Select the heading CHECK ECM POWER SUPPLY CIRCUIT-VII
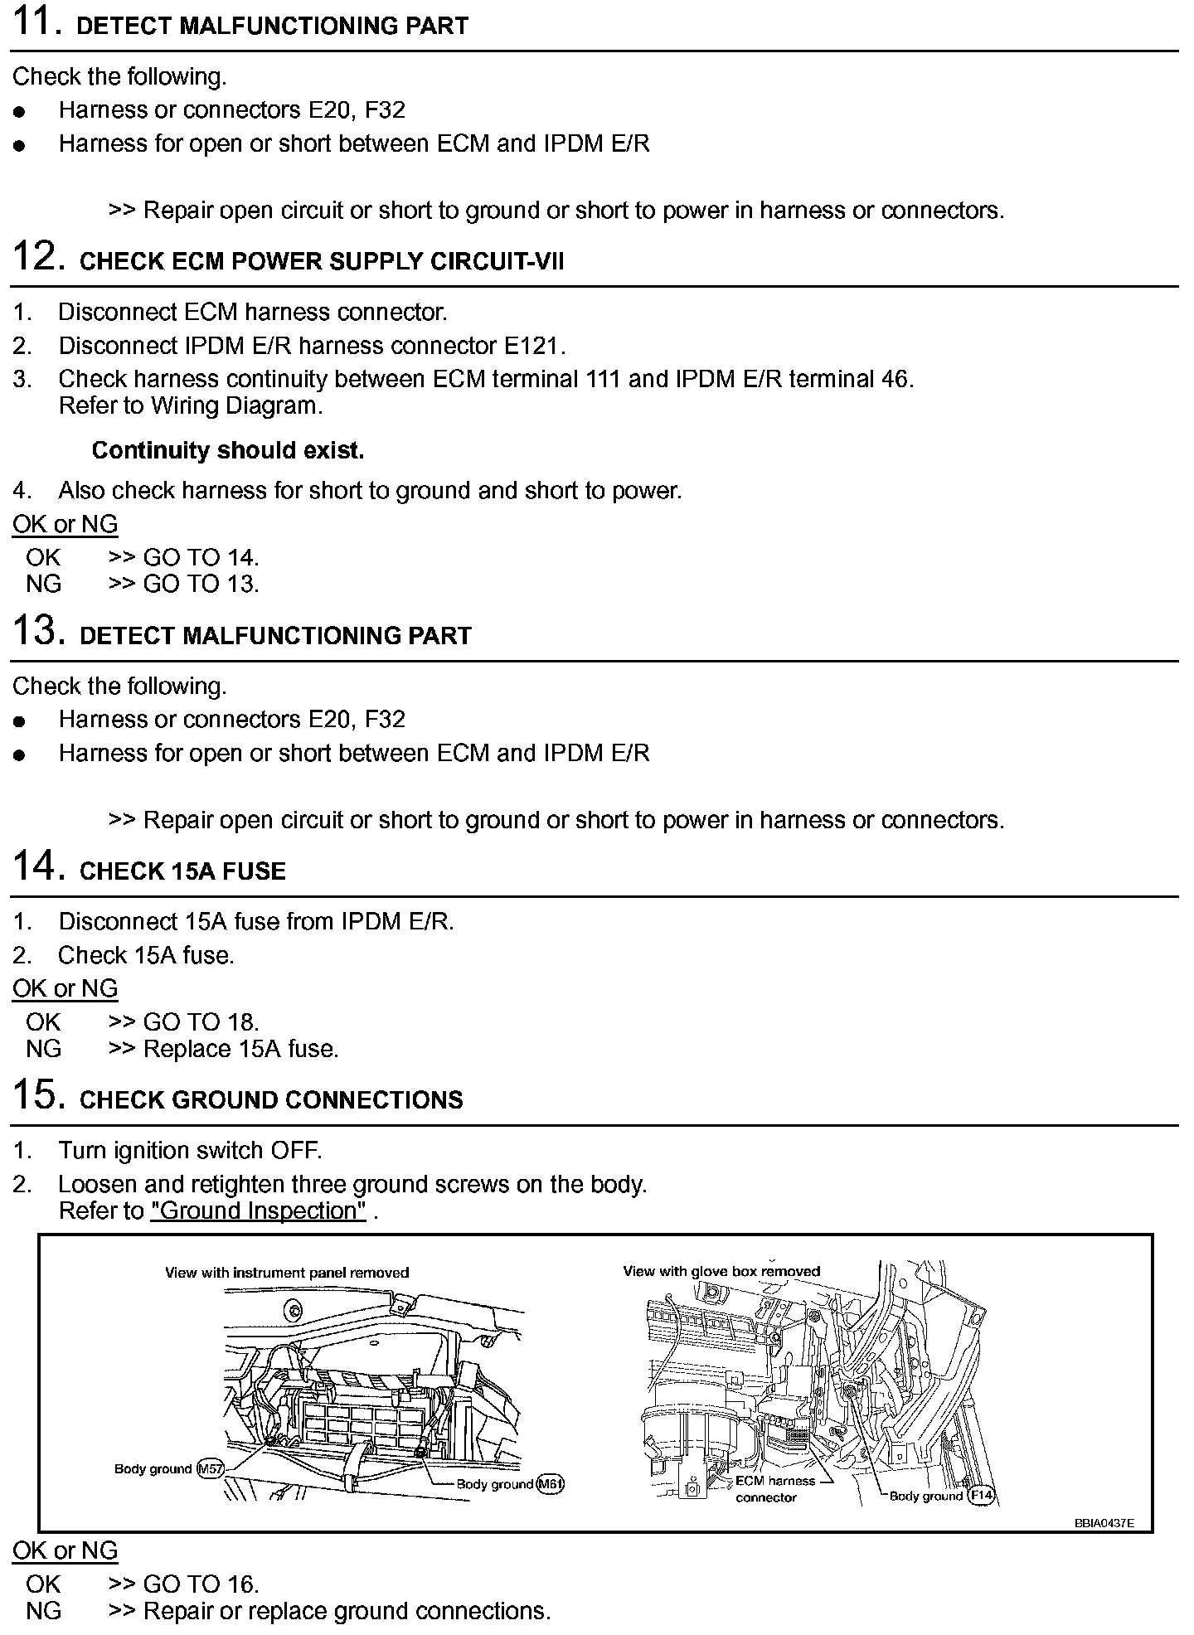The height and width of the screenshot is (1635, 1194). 322,261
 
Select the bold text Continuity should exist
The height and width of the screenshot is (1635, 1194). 228,450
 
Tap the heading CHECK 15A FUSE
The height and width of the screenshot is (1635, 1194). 182,871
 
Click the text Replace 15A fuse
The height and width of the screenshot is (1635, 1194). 241,1049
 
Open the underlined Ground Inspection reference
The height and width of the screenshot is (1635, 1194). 259,1210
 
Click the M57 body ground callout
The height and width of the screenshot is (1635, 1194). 211,1469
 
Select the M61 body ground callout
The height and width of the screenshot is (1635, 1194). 550,1484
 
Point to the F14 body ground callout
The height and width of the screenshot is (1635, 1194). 982,1496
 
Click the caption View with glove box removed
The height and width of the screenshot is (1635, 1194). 721,1271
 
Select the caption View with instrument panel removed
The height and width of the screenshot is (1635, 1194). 287,1273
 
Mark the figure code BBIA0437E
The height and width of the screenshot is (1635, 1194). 1104,1523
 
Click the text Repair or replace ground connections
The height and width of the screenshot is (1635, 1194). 347,1611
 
